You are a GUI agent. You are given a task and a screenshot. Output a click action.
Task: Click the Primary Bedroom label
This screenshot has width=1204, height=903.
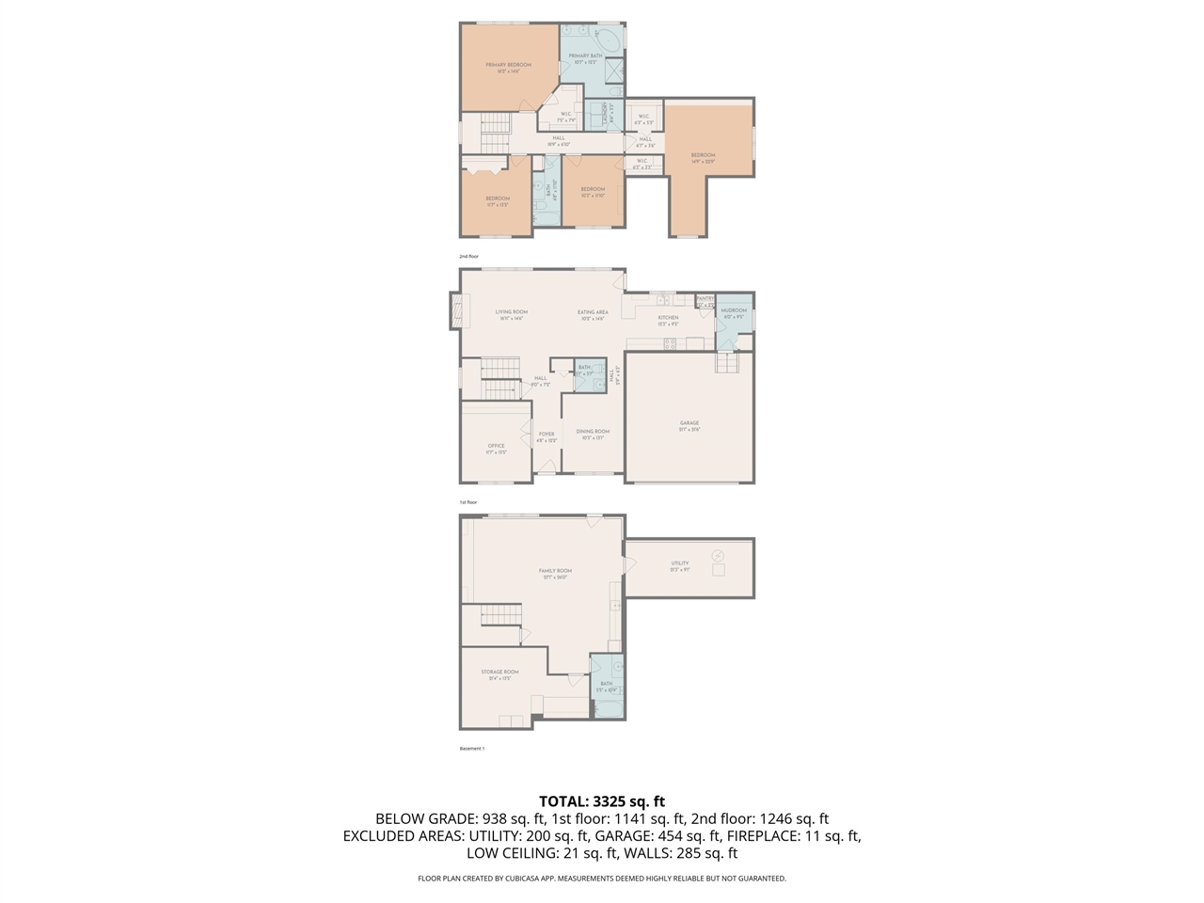tap(508, 65)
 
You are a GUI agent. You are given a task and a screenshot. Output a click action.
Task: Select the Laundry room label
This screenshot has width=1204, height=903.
tap(612, 114)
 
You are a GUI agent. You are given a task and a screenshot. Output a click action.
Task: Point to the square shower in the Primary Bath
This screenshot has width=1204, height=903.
tap(612, 72)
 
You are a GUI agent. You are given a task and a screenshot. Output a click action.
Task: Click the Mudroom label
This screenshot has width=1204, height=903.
tap(734, 310)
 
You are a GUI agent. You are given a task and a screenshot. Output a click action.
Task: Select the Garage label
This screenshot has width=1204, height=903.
tap(689, 423)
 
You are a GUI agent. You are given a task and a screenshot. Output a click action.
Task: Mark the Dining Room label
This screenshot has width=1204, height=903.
tap(593, 432)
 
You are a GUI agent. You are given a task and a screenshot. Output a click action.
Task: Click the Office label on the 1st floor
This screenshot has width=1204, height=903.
tap(496, 446)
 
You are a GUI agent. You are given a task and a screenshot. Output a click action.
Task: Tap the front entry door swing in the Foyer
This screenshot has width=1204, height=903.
tap(547, 467)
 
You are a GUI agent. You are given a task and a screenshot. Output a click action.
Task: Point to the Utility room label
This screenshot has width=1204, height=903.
tap(680, 563)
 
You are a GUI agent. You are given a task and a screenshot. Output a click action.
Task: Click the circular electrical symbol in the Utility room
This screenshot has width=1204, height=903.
tap(720, 555)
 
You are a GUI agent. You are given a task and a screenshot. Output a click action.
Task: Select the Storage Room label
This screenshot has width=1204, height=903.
tap(499, 672)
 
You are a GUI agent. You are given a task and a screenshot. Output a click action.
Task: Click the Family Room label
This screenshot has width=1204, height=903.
tap(555, 571)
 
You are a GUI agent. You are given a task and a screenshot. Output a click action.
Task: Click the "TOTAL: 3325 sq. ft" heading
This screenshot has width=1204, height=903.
tap(602, 801)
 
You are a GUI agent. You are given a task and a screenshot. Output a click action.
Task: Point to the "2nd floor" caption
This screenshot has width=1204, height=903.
tap(468, 256)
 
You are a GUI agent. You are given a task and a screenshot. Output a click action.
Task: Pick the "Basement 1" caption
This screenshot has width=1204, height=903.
tap(471, 749)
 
